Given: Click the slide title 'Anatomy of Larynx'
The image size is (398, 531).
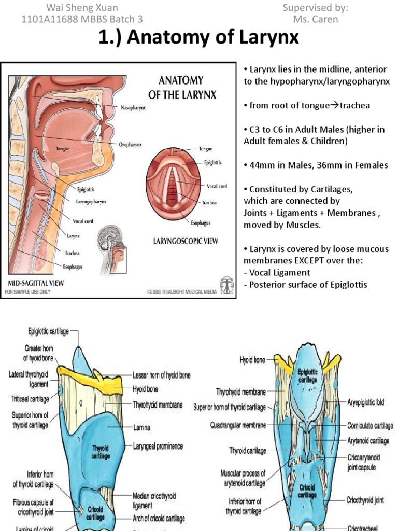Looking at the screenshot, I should [198, 39].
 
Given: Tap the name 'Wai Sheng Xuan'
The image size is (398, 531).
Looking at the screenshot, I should [82, 8].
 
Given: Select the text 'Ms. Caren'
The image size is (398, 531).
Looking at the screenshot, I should [315, 19].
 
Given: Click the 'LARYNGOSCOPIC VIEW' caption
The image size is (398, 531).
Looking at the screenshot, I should [185, 241].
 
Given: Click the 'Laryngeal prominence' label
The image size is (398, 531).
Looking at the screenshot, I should [158, 446].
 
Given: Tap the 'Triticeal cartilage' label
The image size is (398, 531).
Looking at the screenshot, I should [30, 399].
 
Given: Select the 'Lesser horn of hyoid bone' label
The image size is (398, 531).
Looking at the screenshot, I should [162, 375].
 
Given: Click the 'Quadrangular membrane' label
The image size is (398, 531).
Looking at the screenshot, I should [238, 425].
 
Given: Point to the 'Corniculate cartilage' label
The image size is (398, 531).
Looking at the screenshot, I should [370, 425].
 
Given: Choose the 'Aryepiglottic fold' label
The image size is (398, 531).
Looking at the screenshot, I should [365, 402].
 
